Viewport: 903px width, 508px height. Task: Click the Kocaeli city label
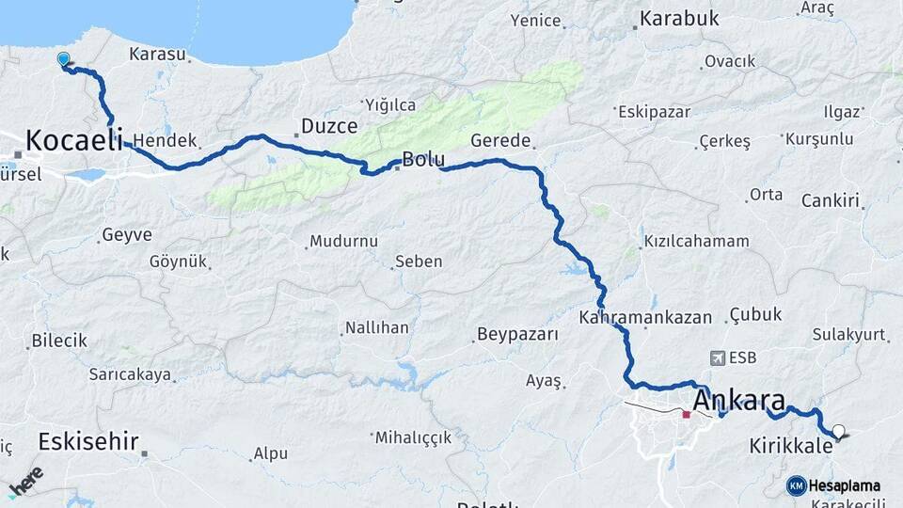pos(74,141)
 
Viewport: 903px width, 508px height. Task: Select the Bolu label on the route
pos(422,160)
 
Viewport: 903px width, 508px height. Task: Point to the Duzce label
pos(326,125)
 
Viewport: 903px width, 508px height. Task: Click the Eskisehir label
pos(89,441)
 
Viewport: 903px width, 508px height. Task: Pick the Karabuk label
pos(678,18)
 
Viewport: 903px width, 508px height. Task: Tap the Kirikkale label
pos(791,446)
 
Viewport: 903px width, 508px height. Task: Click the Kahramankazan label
pos(645,317)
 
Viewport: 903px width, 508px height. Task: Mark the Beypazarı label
pos(517,334)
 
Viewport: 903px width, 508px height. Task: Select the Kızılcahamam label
pos(696,241)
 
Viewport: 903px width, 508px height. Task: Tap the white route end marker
pos(838,432)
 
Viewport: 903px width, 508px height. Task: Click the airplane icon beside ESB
pos(719,358)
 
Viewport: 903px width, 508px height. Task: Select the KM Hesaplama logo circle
pos(796,485)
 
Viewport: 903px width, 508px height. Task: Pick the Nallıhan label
pos(376,328)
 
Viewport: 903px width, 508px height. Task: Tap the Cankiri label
pos(831,200)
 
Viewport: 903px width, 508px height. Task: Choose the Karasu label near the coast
pos(157,54)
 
